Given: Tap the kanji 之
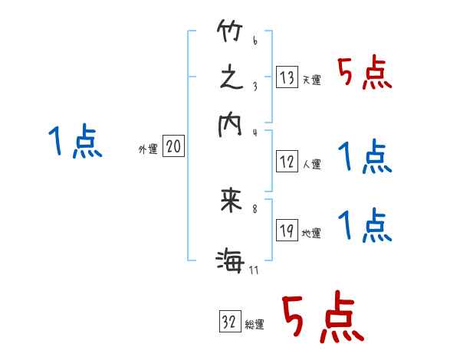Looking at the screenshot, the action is [x=231, y=78].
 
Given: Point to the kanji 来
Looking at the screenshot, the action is [x=231, y=201].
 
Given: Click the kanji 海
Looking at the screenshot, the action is [x=231, y=261].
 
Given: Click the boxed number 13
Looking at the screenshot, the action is [x=287, y=77].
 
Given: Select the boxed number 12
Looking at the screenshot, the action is [x=287, y=161].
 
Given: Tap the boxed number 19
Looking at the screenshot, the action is [x=287, y=231].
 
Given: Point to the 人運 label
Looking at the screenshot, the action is [x=312, y=164].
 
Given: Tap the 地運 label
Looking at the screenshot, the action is [x=312, y=234].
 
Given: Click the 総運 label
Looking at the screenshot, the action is [x=255, y=325].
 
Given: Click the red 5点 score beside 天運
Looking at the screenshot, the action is [x=366, y=74].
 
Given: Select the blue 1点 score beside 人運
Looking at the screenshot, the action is [x=365, y=158].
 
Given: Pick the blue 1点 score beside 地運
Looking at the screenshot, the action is [x=365, y=227].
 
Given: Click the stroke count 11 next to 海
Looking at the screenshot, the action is [x=253, y=270].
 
